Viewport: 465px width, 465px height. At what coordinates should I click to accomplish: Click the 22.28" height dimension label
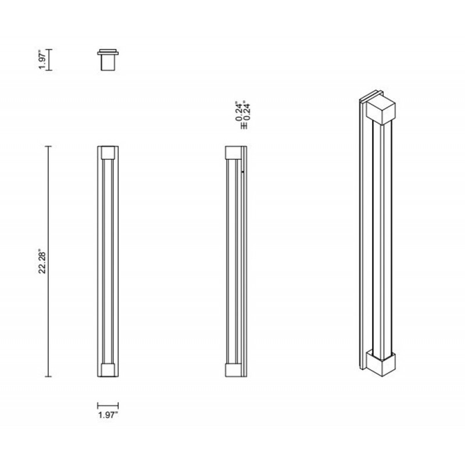pos(42,263)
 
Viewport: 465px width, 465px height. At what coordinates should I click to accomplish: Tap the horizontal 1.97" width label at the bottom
pos(108,414)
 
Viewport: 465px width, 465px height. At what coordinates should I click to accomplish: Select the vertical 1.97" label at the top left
pos(42,60)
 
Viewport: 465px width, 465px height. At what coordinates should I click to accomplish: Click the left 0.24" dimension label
pos(239,111)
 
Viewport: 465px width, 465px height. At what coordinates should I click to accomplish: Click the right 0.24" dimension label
pos(246,111)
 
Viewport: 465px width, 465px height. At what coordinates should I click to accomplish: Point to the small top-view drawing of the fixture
pos(108,60)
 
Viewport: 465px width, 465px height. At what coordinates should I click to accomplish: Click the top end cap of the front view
pos(108,153)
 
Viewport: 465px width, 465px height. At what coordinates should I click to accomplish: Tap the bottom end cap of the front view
pos(108,370)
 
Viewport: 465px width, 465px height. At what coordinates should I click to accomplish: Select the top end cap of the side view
pos(233,153)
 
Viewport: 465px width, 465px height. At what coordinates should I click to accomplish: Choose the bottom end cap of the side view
pos(233,370)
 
